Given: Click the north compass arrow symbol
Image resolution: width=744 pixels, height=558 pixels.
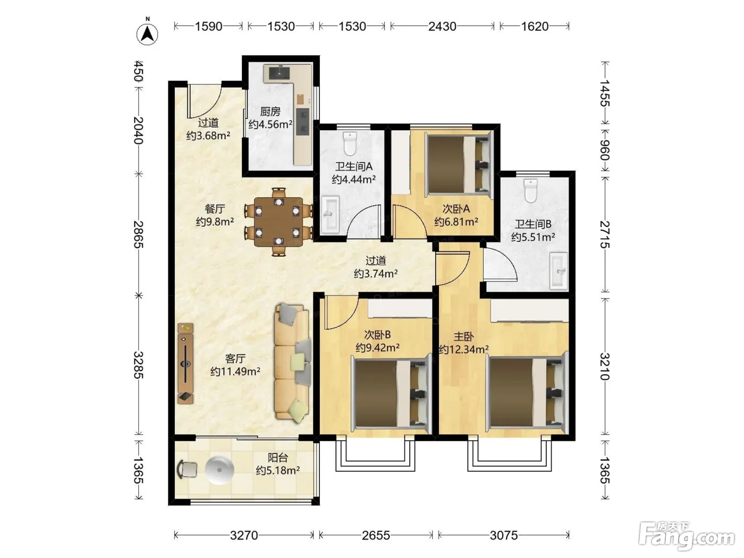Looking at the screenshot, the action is pos(147,33).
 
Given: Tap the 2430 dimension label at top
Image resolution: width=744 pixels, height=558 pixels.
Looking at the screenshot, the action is pos(442,27).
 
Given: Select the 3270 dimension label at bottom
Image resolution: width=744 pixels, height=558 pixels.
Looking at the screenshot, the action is pos(244,535).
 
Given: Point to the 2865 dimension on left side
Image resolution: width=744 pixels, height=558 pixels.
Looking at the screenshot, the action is pos(138,234).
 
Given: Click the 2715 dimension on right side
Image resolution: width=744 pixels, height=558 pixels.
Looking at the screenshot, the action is pos(605,234).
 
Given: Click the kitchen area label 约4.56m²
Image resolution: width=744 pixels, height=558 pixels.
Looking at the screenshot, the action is pos(270,124).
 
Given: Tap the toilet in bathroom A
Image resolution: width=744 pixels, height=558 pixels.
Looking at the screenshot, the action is pos(350,143).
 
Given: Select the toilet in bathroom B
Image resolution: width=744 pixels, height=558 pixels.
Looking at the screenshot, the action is pos(530,191).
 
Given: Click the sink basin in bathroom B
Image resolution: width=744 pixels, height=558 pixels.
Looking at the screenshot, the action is pos(559,270).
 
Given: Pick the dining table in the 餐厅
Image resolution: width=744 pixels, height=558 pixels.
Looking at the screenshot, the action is pos(278,222).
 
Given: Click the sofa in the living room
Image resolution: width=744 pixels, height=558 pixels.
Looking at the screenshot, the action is pos(292,363).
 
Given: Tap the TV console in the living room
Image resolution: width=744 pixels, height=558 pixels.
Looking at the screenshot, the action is pos(185,363).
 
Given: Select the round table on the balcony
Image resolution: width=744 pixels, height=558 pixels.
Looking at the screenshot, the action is pos(219,470).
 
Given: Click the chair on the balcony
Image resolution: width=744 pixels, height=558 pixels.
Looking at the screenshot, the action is pos(187,469).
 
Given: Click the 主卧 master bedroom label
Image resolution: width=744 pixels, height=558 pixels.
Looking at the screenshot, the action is pos(464,336).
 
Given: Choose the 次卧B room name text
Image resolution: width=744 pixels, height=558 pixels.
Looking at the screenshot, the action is pos(377,335).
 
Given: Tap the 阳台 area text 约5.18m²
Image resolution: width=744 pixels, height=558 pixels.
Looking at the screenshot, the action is pos(277,471).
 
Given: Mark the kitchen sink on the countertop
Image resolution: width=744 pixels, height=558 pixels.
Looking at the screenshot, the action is pos(280,72).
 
